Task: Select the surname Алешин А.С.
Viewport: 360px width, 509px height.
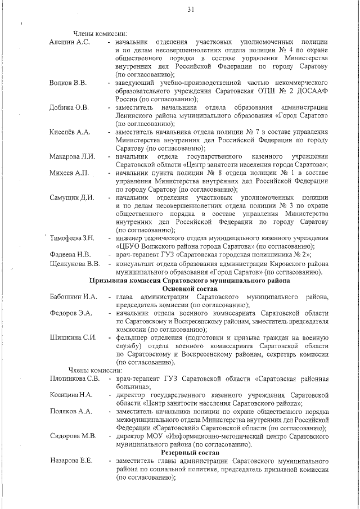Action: [70, 43]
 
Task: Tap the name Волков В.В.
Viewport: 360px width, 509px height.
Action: [68, 83]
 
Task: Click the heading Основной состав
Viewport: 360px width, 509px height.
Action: [190, 288]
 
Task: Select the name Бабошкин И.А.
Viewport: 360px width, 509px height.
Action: [73, 296]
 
